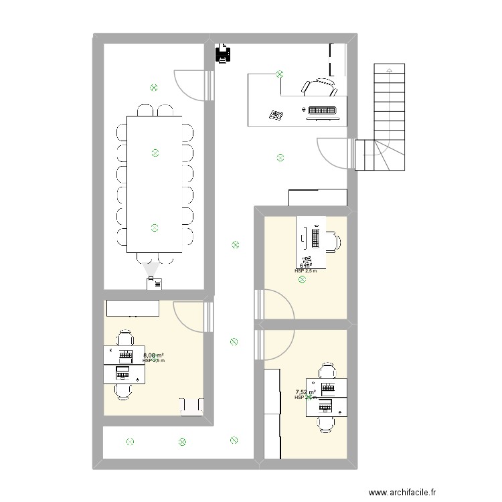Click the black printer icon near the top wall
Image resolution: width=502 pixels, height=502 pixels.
pos(222,54)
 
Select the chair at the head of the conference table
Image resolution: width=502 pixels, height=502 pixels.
pos(155,259)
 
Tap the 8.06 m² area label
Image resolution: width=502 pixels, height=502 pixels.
pos(153,356)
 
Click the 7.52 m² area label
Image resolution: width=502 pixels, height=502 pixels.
pos(305,393)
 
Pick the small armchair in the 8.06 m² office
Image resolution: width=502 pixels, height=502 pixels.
pos(191,406)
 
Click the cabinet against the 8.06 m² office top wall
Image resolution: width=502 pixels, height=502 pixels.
pos(132,308)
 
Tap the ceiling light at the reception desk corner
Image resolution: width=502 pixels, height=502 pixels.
pos(280,75)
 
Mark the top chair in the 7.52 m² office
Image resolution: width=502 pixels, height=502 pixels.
pos(327,370)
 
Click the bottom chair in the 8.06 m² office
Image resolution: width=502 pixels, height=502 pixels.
pos(122,390)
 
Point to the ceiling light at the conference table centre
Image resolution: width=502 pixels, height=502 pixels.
pos(155,153)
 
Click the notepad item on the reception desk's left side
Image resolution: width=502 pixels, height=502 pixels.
pos(276,116)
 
